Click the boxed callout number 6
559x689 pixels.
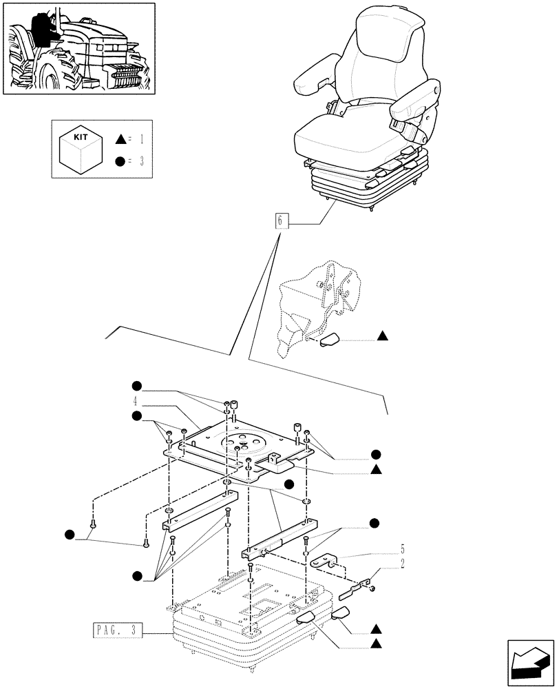[279, 222]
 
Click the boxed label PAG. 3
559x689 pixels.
[116, 630]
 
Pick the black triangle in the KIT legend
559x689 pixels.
[121, 139]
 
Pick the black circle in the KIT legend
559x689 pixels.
[121, 162]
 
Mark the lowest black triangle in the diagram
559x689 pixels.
[377, 644]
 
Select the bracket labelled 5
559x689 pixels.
[329, 560]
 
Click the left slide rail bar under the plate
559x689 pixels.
[200, 511]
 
